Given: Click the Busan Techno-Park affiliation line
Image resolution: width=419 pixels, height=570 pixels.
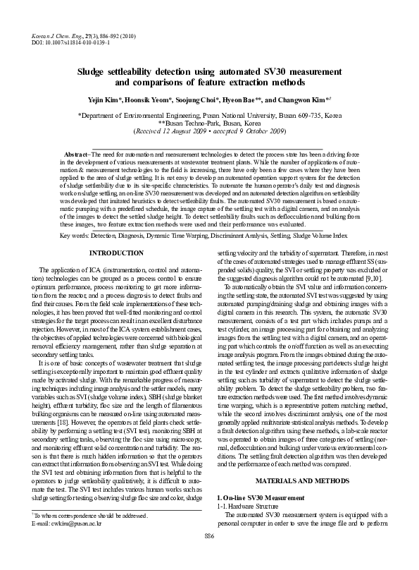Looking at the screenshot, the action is point(210,121).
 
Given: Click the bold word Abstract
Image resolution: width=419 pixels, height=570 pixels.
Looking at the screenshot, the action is point(75,154).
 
